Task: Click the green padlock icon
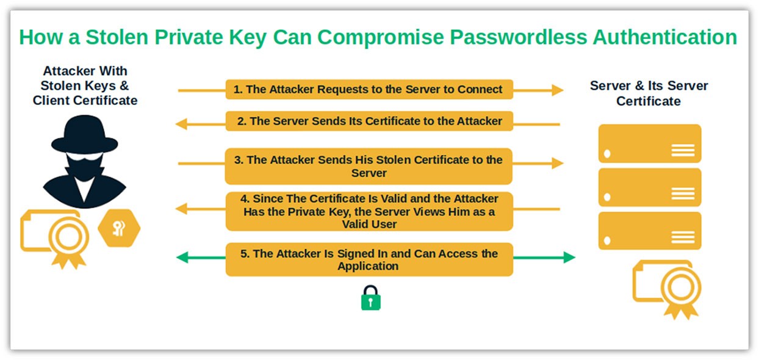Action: point(370,298)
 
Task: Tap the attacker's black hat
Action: point(84,134)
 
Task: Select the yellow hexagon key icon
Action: point(119,228)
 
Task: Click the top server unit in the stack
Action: point(649,143)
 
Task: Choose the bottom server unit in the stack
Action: point(649,231)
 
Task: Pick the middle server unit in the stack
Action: point(649,187)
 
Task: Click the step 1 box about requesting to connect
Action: point(369,90)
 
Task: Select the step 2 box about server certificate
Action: point(369,121)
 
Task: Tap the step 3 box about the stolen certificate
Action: point(369,166)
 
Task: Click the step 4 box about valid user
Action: point(369,211)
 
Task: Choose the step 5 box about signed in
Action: point(369,259)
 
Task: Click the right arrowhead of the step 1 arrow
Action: point(557,90)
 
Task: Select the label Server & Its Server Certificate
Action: point(649,93)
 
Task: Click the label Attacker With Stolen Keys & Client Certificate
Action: point(85,86)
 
